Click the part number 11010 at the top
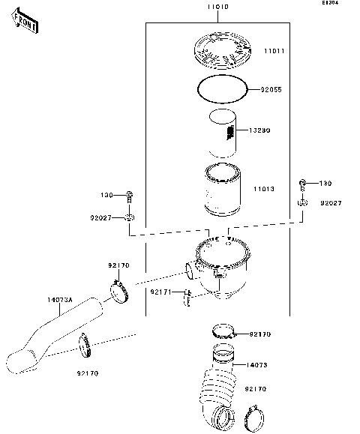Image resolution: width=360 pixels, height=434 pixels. point(217,6)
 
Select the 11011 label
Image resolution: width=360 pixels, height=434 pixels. point(273,52)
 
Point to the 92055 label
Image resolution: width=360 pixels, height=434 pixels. point(272,90)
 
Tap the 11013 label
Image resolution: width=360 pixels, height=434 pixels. point(263,190)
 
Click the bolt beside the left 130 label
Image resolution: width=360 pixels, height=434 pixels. point(130,196)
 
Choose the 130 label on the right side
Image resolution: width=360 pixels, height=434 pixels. point(325,184)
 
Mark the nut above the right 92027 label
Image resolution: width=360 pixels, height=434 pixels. point(302,202)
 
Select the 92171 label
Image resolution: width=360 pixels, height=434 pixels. point(160,291)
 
